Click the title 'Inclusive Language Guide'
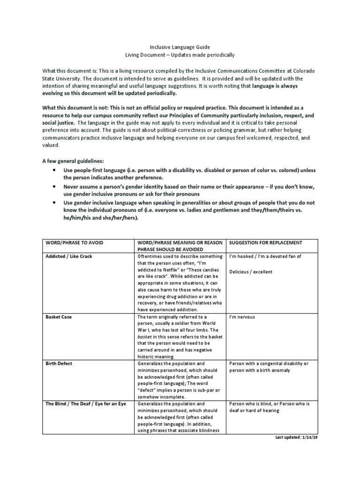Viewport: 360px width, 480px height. coord(180,47)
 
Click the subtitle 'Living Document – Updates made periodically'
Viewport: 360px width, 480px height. coord(180,55)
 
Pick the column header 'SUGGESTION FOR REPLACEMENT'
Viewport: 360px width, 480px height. coord(265,242)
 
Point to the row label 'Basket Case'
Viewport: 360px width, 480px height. coord(59,317)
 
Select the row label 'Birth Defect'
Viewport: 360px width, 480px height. coord(60,363)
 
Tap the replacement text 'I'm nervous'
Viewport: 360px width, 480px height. coord(242,317)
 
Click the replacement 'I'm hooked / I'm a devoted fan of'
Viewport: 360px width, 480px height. coord(265,256)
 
